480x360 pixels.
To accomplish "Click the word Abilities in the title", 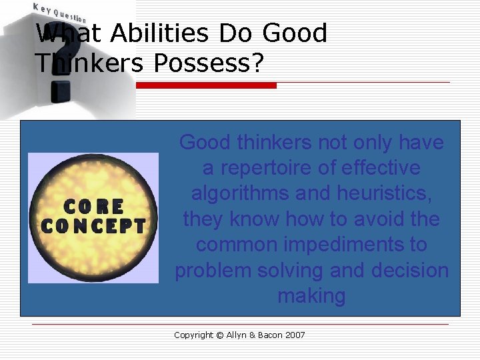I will [x=154, y=33].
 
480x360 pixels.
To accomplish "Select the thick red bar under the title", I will [x=206, y=85].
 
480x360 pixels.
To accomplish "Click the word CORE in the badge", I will [x=93, y=207].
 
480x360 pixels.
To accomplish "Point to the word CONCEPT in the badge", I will [x=93, y=225].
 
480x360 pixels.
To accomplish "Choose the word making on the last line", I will [x=311, y=295].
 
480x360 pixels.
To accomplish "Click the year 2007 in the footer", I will [x=294, y=335].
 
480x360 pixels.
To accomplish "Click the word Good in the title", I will [x=295, y=33].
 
